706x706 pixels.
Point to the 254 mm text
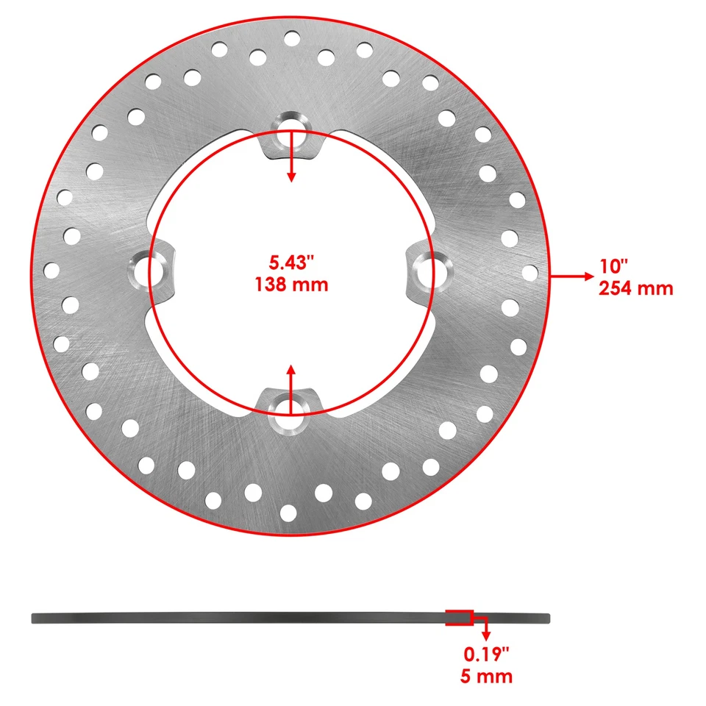636,288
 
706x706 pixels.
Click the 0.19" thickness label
486,653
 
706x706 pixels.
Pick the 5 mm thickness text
486,676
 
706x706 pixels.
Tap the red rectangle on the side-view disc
459,618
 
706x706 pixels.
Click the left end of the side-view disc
35,618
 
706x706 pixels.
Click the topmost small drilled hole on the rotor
291,38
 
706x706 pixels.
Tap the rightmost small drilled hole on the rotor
529,272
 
